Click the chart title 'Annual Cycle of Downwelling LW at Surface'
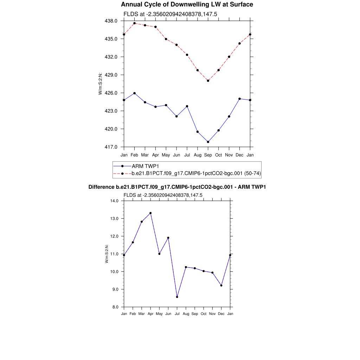pyautogui.click(x=187, y=5)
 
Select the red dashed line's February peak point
pyautogui.click(x=134, y=23)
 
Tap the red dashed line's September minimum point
pyautogui.click(x=208, y=81)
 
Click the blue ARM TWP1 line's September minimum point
pyautogui.click(x=208, y=142)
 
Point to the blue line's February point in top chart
pyautogui.click(x=134, y=93)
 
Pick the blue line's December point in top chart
pyautogui.click(x=240, y=99)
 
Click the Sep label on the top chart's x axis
pyautogui.click(x=208, y=155)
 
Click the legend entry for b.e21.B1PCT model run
pyautogui.click(x=196, y=173)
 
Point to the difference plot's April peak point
pyautogui.click(x=150, y=213)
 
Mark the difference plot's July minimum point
pyautogui.click(x=177, y=297)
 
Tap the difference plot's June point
pyautogui.click(x=168, y=238)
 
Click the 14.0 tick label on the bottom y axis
pyautogui.click(x=115, y=201)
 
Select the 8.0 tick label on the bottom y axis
pyautogui.click(x=116, y=307)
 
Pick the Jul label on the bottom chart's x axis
pyautogui.click(x=177, y=314)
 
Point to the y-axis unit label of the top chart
pyautogui.click(x=100, y=84)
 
